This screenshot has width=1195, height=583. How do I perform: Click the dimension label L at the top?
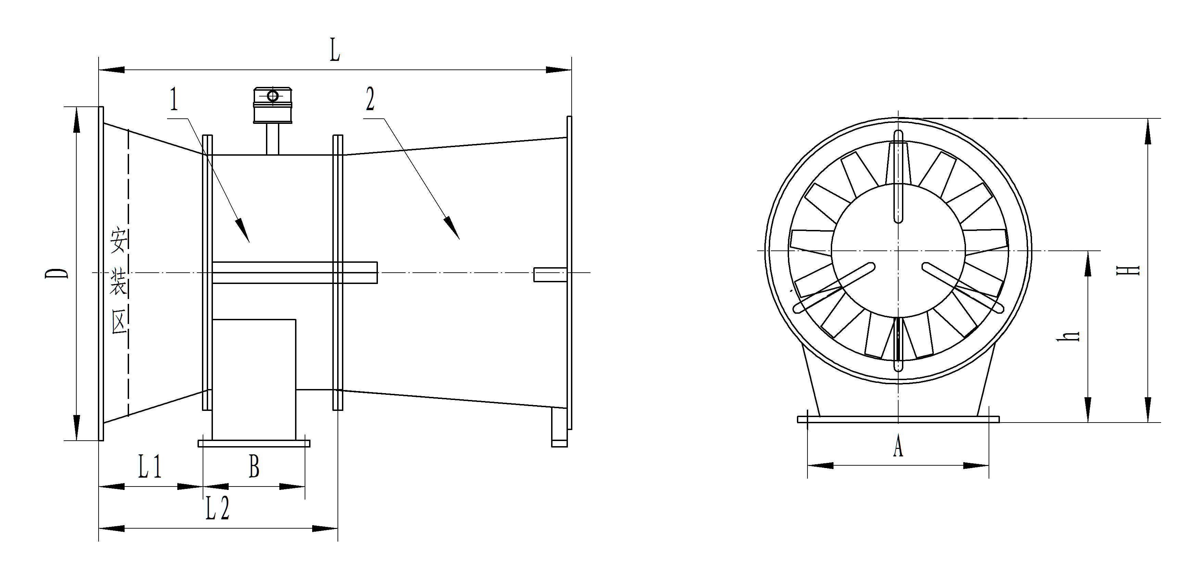(335, 51)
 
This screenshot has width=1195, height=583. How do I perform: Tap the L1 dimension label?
(150, 467)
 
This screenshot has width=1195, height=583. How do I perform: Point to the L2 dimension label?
(218, 508)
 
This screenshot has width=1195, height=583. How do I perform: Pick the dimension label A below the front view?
(898, 446)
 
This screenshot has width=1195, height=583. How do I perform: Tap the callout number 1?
(174, 99)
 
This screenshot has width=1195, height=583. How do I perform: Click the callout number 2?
(370, 99)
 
